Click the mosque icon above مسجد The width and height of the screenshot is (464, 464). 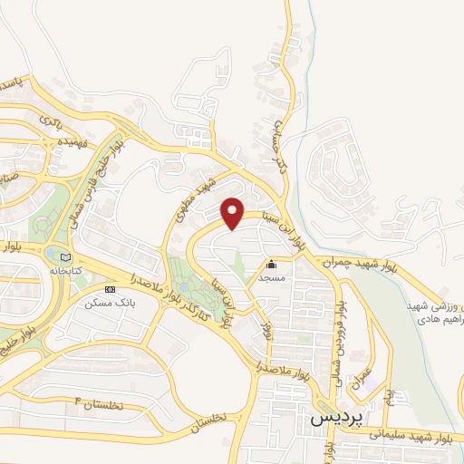coord(271,265)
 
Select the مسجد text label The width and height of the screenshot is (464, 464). coord(271,278)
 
